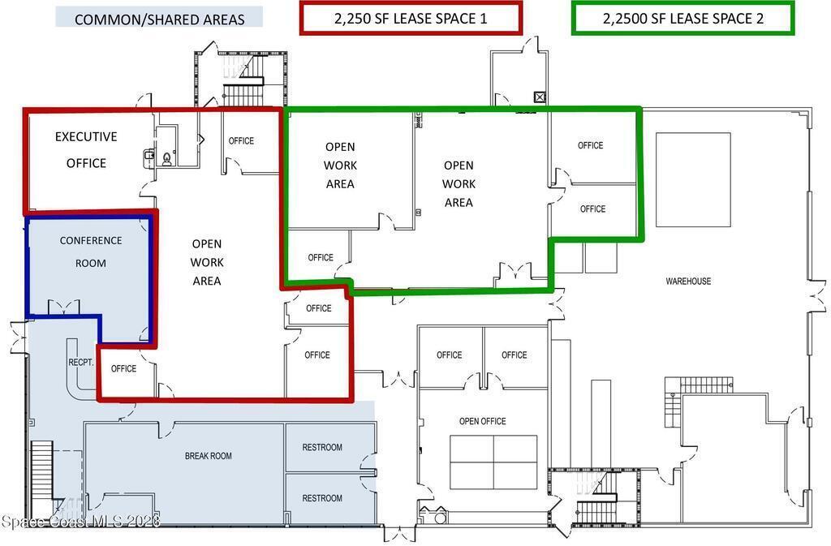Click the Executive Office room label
86,150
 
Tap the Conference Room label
91,252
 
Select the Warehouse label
688,282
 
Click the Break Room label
209,456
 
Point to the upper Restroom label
322,448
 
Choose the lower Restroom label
322,498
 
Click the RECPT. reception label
81,363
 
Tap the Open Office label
482,422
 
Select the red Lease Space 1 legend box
411,19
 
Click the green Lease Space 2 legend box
683,19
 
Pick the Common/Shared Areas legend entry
159,18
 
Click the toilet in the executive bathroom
167,158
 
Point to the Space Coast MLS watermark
80,522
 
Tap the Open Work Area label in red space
207,262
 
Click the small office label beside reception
123,368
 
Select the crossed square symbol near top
540,97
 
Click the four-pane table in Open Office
493,462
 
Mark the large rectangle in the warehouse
693,179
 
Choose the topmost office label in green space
591,146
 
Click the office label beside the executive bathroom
241,141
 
